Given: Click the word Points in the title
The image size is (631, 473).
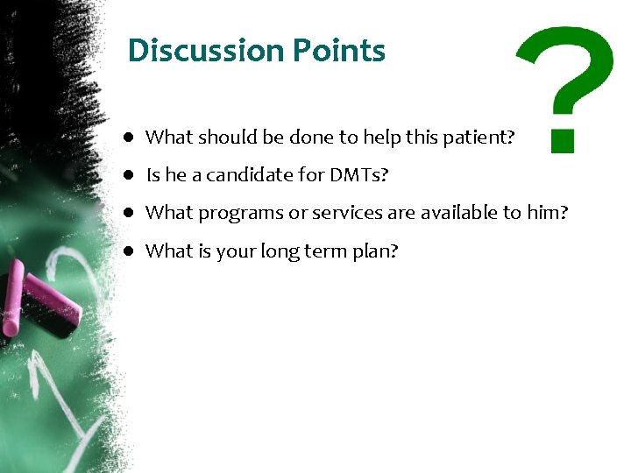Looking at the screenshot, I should [x=339, y=51].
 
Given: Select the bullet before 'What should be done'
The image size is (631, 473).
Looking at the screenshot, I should [x=128, y=137].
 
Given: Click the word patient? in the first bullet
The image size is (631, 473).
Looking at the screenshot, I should [x=483, y=137].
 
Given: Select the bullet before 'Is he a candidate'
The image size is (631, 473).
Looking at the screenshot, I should [x=128, y=174].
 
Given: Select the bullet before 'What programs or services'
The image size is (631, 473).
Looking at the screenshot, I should [x=128, y=212].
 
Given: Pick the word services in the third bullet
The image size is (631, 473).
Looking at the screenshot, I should [x=337, y=212].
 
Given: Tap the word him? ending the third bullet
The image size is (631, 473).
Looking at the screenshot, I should [x=549, y=212].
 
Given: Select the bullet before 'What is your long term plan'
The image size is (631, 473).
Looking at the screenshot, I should [x=128, y=251].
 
